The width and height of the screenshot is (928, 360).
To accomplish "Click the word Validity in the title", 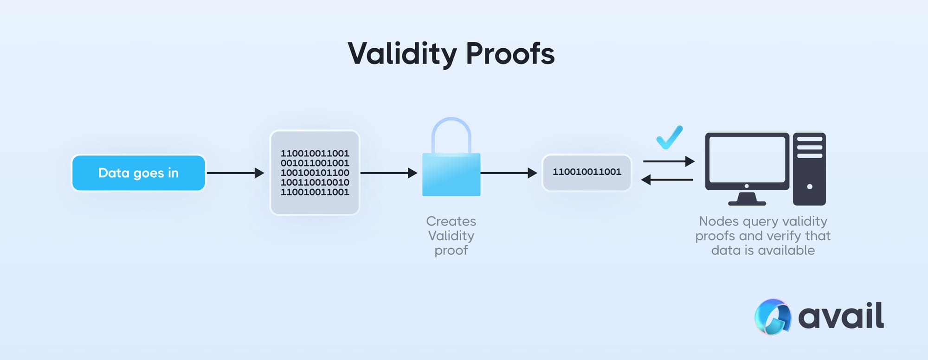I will tap(402, 54).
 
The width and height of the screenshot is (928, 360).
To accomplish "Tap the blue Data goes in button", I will tap(138, 173).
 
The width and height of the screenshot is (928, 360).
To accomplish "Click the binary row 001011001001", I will tap(315, 163).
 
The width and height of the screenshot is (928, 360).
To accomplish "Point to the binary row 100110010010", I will tap(315, 182).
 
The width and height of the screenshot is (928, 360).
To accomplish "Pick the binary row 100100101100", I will tap(315, 173).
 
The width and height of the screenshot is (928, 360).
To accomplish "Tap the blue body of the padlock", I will tap(451, 175).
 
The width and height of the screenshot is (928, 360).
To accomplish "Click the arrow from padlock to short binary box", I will tap(509, 173).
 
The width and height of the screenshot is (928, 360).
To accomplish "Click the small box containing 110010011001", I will tap(586, 173).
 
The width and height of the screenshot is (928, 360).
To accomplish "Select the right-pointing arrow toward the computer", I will tap(669, 161).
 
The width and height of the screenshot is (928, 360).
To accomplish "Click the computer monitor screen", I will tap(747, 159).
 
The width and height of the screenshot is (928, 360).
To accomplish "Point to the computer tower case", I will tap(809, 169).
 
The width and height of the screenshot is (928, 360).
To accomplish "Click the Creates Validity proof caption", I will tap(451, 236).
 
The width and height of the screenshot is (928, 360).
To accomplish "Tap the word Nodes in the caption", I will tap(718, 221).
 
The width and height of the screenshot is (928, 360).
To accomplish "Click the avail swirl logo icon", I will tap(773, 317).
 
